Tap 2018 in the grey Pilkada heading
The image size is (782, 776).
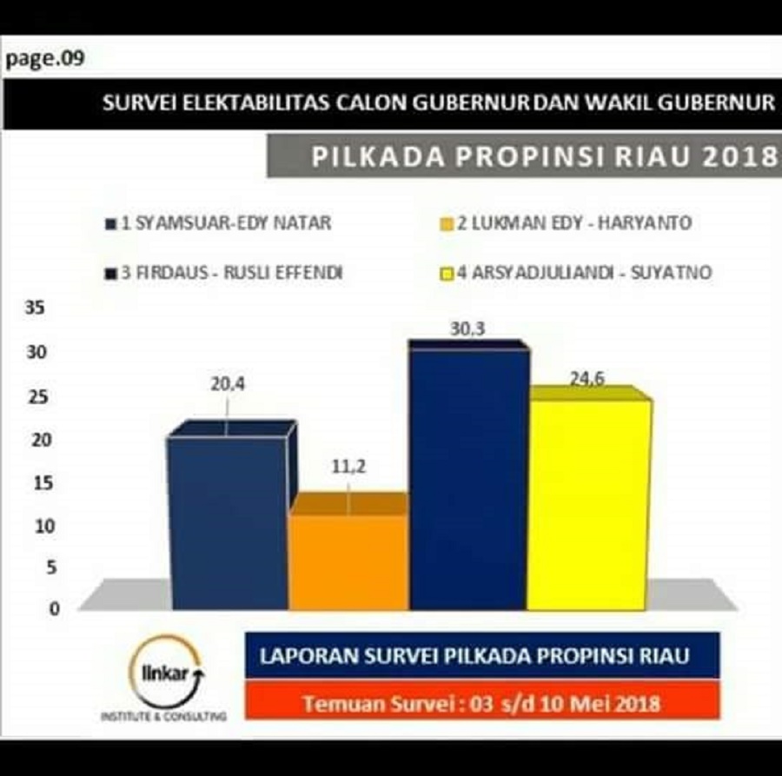click(x=738, y=157)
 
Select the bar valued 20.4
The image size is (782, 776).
click(x=228, y=521)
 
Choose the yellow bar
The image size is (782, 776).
click(x=588, y=504)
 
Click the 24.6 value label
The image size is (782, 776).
click(x=586, y=379)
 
